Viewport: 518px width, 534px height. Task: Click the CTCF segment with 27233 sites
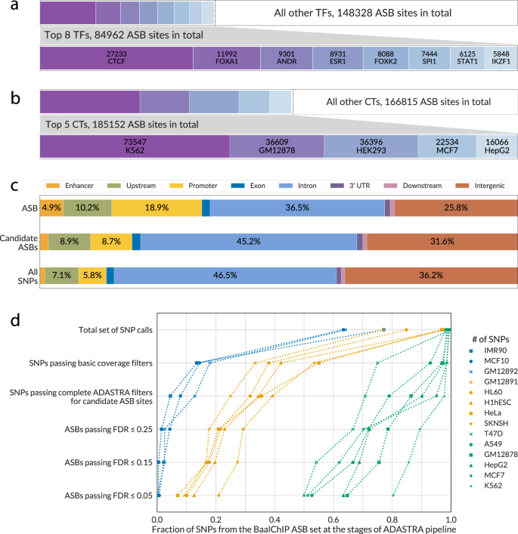point(116,59)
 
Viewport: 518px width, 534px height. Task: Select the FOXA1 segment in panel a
point(226,59)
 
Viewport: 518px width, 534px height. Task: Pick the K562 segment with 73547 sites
point(135,147)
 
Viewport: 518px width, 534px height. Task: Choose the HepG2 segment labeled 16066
point(496,147)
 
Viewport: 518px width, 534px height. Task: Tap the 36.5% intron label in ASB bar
point(297,207)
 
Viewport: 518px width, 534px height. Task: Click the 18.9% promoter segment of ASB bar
point(157,207)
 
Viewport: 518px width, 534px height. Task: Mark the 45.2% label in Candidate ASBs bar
point(249,242)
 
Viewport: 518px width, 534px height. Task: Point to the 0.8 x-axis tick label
point(392,510)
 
